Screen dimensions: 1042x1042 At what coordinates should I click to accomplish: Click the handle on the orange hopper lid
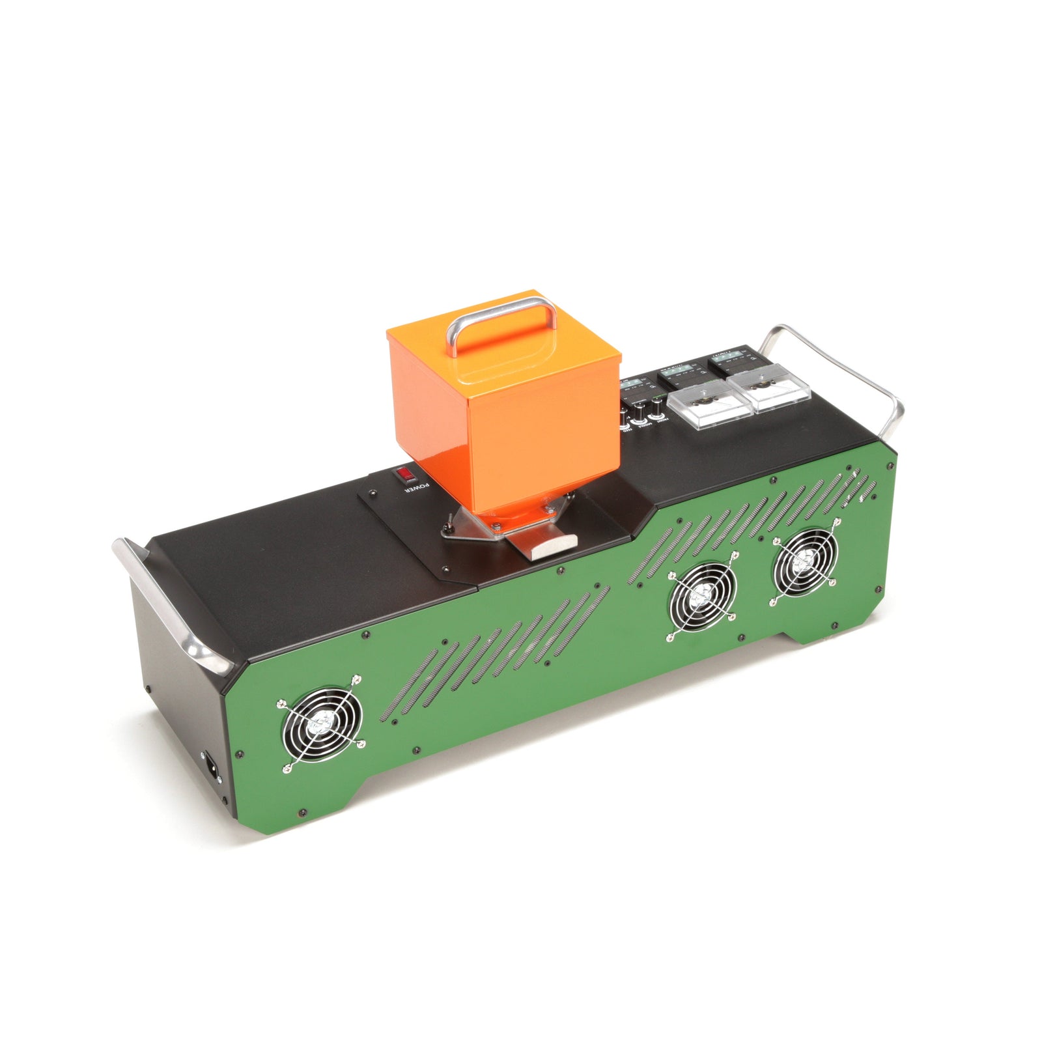point(501,319)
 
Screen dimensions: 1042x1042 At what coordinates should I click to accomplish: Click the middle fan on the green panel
point(701,595)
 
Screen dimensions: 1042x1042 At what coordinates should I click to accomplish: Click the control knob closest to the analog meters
point(658,406)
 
